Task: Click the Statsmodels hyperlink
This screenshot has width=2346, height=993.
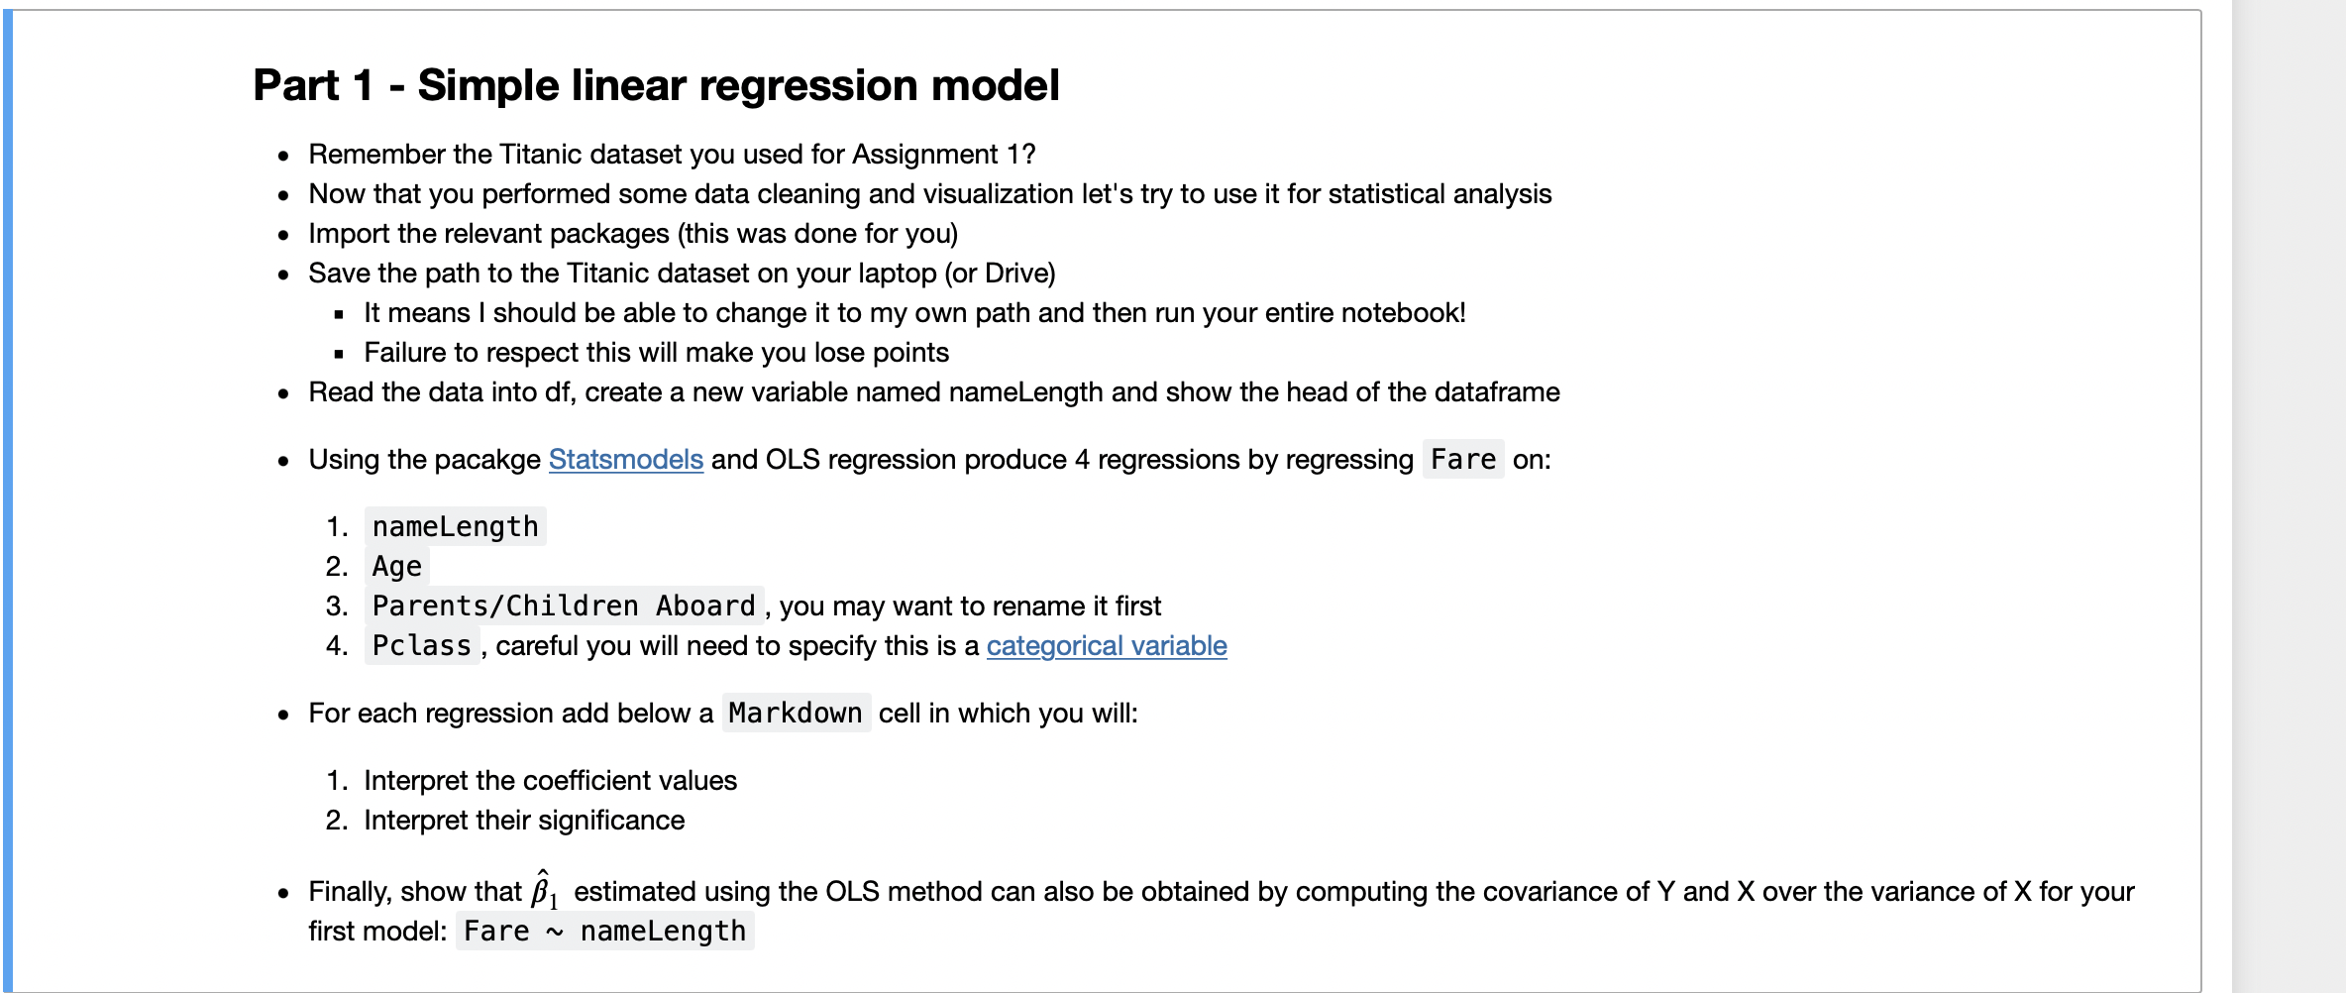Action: tap(625, 460)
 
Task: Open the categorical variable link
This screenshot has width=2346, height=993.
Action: tap(1106, 646)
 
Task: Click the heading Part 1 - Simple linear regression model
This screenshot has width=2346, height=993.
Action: tap(656, 85)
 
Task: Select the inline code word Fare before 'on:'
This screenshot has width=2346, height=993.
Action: tap(1462, 460)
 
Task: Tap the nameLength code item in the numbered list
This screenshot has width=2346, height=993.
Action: tap(455, 527)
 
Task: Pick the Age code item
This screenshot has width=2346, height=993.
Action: tap(396, 567)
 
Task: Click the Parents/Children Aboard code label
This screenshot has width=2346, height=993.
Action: tap(563, 607)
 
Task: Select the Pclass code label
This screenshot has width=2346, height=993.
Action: tap(421, 646)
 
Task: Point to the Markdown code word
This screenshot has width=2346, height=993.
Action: tap(796, 714)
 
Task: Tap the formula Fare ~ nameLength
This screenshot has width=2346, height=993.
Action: tap(604, 932)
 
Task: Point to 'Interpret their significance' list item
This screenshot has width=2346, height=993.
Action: tap(523, 821)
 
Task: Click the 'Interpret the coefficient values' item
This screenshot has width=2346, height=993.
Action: tap(550, 781)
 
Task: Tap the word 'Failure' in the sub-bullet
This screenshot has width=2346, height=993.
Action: tap(404, 353)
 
